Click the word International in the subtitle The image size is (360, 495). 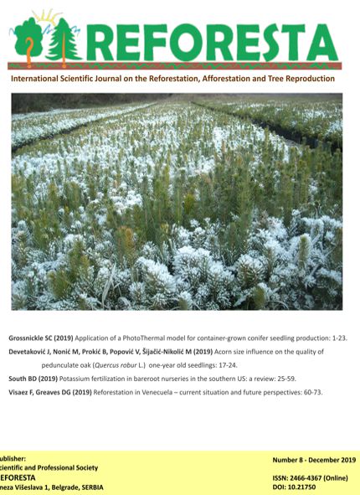37,79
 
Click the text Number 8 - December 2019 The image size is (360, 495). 314,461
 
